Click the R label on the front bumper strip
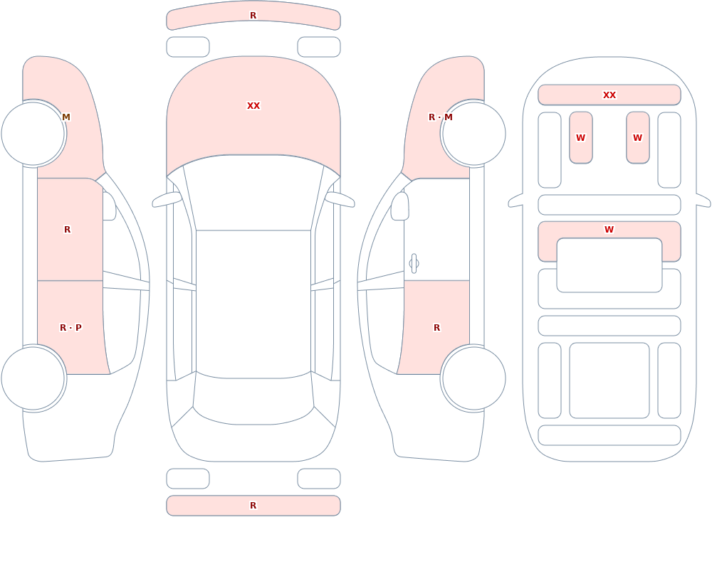click(253, 16)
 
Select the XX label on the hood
click(253, 106)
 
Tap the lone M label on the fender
click(66, 117)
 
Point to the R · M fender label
click(441, 117)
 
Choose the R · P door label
click(70, 328)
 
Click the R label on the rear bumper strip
click(253, 506)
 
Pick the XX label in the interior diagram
click(609, 95)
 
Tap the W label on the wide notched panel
click(609, 230)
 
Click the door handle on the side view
click(414, 264)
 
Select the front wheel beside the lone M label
click(33, 134)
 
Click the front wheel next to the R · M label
click(473, 134)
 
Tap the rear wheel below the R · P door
click(33, 378)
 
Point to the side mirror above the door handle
click(399, 206)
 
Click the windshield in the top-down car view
click(253, 193)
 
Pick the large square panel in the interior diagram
click(609, 381)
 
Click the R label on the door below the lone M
click(67, 230)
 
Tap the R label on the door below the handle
click(437, 328)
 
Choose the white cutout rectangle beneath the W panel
click(609, 265)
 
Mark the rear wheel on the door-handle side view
click(473, 378)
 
